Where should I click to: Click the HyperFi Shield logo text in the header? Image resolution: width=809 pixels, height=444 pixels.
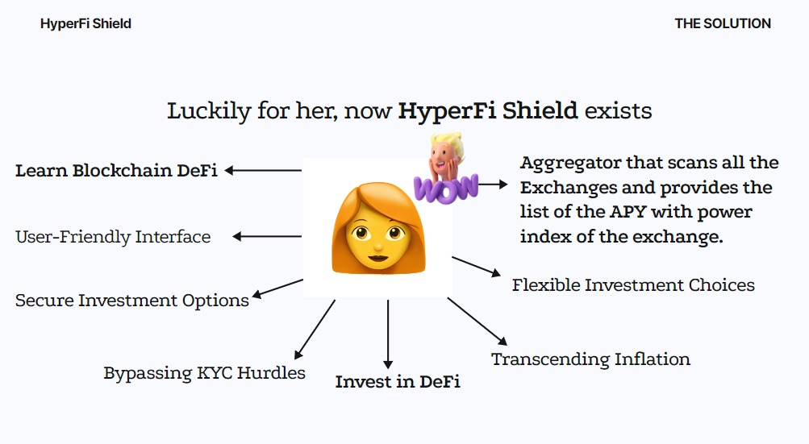point(85,23)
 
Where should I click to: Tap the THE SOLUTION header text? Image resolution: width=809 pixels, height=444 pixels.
point(723,23)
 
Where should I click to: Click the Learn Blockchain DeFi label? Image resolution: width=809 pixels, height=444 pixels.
point(116,171)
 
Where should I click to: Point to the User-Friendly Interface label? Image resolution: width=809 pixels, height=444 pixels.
point(113,237)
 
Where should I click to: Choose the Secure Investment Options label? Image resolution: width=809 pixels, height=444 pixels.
point(132,301)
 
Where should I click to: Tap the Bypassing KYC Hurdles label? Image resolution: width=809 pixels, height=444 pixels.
point(204,373)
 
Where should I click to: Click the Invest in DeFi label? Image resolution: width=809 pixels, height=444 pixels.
point(398,382)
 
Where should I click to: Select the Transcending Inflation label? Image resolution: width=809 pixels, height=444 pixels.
point(590,359)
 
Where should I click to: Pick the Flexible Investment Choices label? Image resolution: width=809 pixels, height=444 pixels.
point(633,285)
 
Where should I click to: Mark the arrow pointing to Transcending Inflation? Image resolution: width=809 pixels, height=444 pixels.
point(477,322)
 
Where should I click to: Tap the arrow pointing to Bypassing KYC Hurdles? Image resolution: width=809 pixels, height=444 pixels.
point(315,329)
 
